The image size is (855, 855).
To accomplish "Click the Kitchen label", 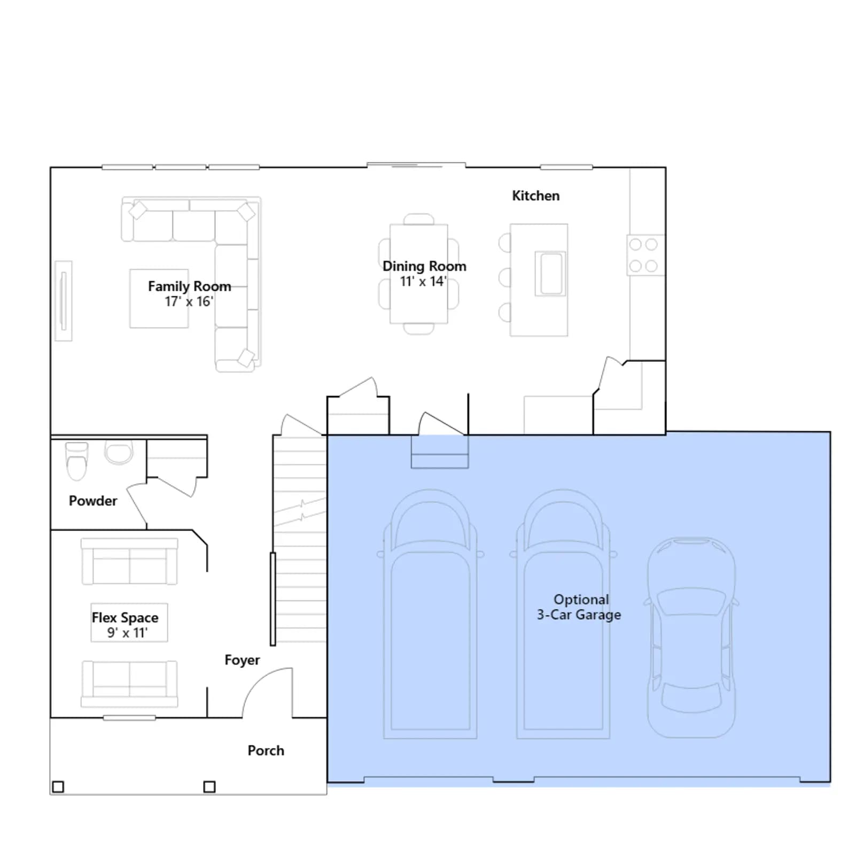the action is click(535, 196).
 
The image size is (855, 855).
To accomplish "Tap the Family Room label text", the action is click(189, 286).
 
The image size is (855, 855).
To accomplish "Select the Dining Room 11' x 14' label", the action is click(424, 273).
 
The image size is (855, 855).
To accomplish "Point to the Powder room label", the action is click(93, 501).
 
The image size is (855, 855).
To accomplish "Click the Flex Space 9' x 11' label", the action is click(125, 625).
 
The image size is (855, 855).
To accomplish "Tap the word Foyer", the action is click(242, 660).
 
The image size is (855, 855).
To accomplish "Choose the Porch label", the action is click(266, 750).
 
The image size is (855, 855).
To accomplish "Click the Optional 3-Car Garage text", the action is click(579, 607).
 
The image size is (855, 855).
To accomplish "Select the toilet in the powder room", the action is click(76, 461).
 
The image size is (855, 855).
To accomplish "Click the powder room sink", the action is click(119, 453).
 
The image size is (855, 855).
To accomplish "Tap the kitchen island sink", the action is click(550, 273).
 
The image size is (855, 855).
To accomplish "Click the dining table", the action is click(419, 274).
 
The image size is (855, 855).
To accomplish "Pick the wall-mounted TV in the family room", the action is click(63, 301).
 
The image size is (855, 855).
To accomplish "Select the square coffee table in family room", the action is click(159, 298).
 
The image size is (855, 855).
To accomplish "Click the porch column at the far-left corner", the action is click(58, 787).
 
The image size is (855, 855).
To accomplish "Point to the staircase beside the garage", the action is click(300, 539).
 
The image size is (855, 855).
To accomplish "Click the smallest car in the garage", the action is click(691, 638).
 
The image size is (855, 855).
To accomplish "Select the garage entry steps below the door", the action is click(440, 452).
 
